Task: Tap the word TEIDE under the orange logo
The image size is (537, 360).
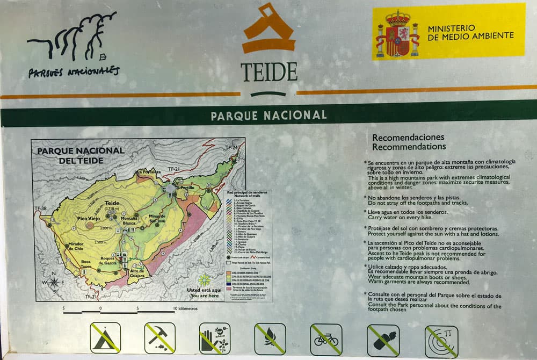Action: (268, 71)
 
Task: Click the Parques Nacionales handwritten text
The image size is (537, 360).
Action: (74, 71)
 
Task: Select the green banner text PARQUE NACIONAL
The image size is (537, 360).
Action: (268, 116)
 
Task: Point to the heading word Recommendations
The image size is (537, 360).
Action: (409, 147)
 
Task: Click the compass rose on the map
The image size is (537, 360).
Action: (54, 282)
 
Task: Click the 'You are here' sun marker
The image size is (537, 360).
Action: (204, 280)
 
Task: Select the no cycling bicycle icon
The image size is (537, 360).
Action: (326, 340)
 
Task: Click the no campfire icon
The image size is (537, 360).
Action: (270, 339)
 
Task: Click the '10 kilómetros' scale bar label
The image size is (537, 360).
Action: (185, 309)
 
